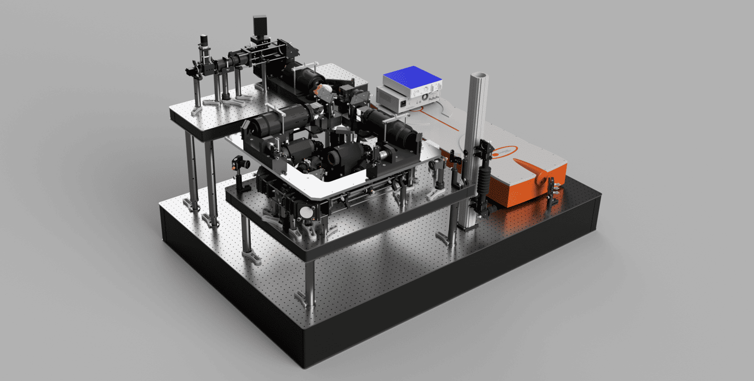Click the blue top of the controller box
tap(412, 76)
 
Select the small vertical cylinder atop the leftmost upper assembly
tap(204, 39)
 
